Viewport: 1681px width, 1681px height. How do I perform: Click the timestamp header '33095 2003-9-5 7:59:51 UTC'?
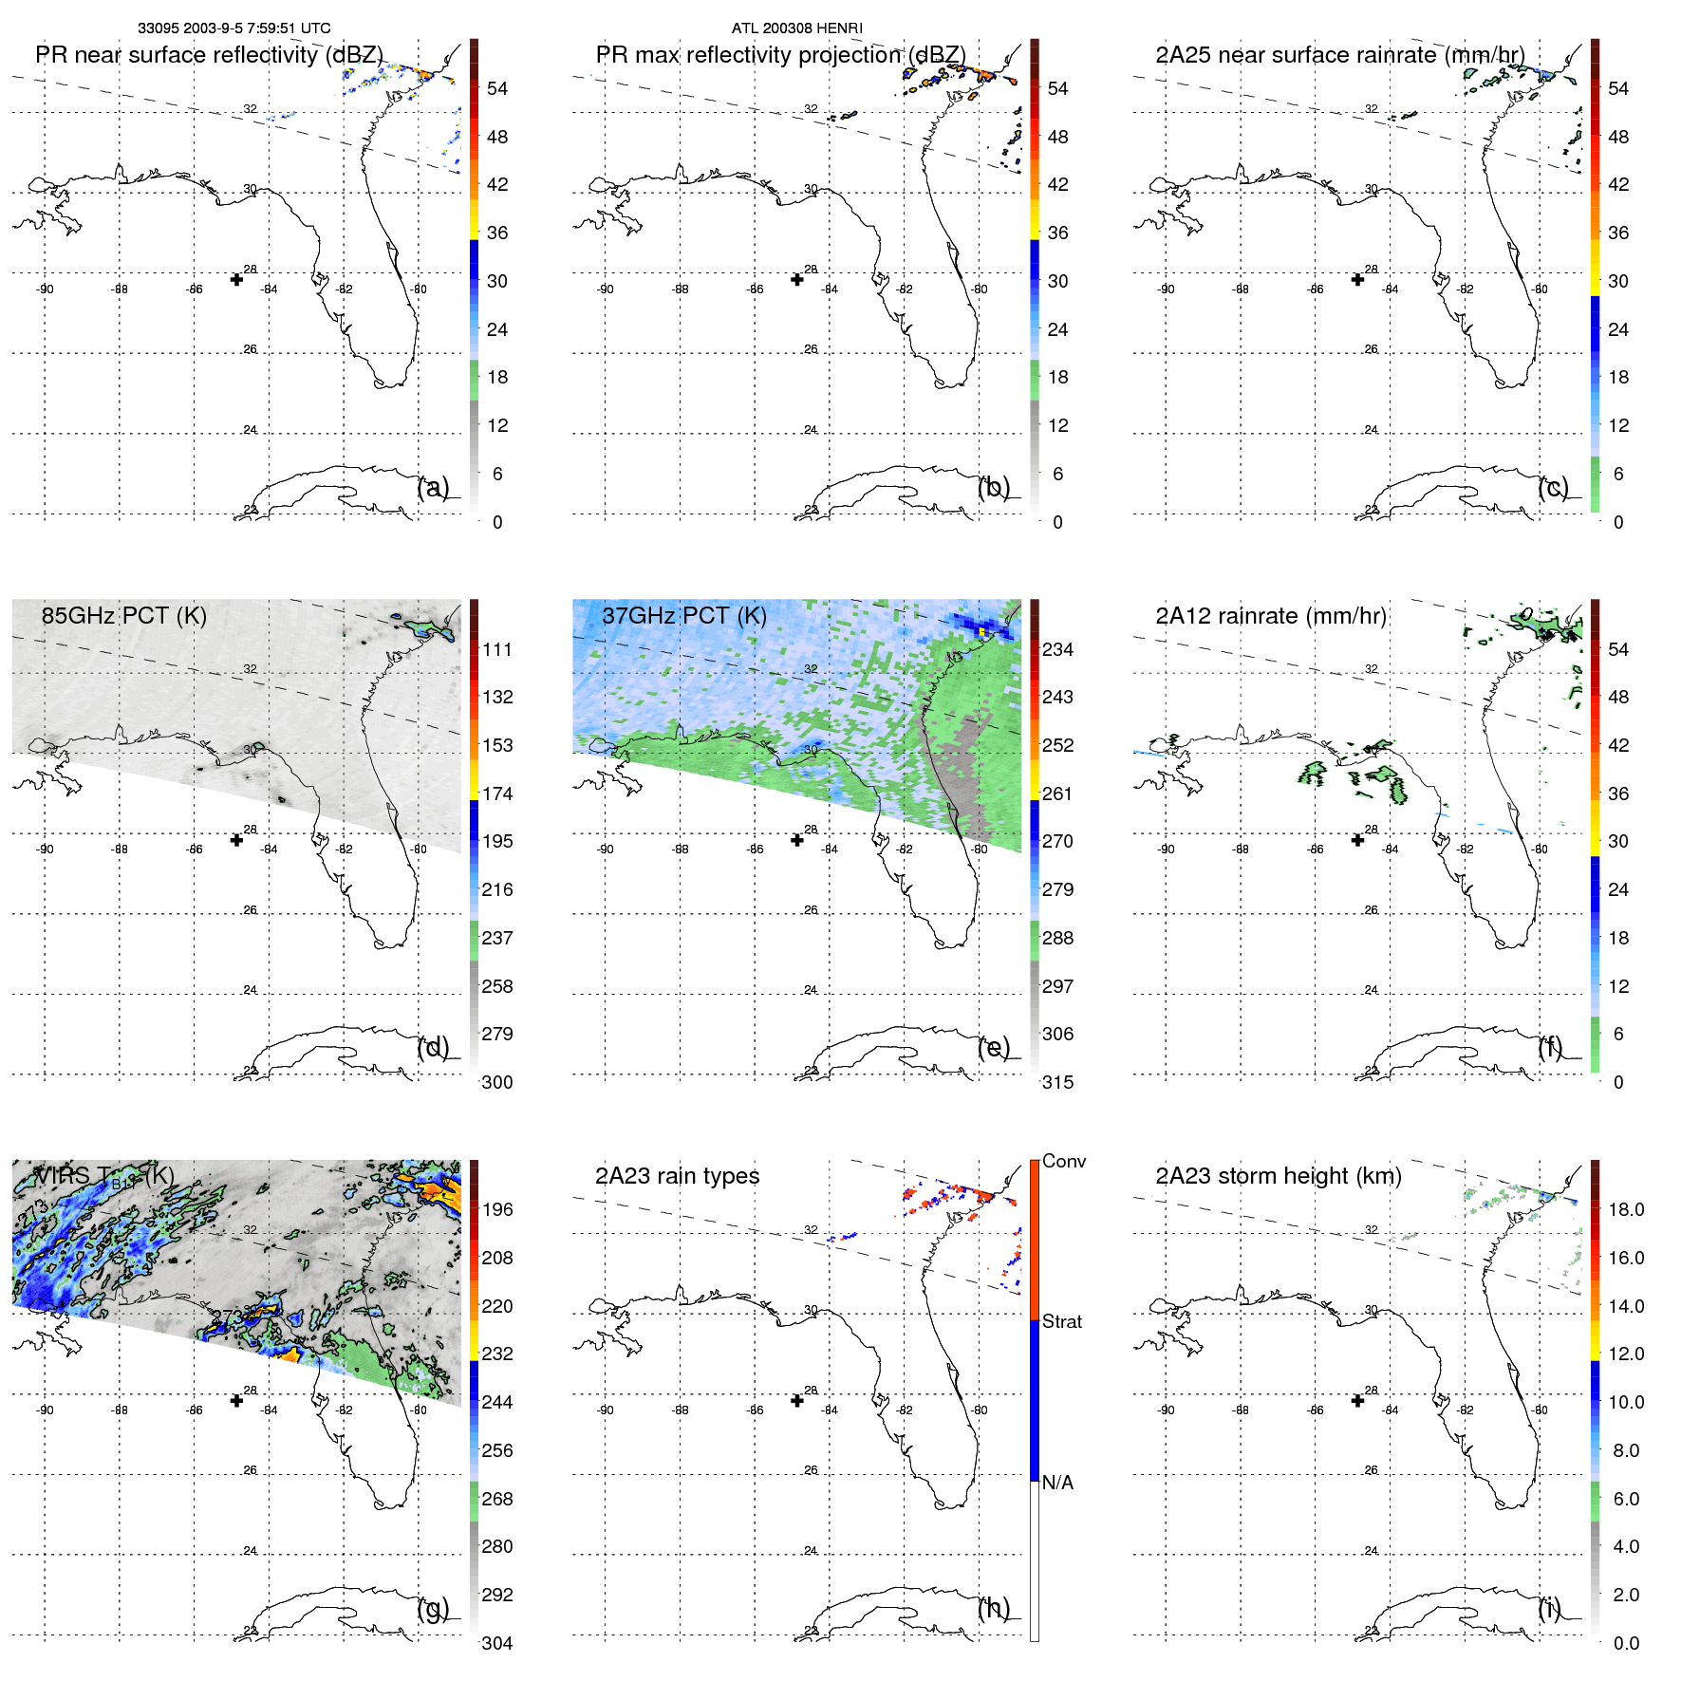point(233,28)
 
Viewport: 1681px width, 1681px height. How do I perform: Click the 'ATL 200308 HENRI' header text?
point(796,28)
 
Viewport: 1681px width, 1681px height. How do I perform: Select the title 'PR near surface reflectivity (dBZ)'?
point(209,55)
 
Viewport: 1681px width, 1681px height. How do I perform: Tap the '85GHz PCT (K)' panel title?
point(123,616)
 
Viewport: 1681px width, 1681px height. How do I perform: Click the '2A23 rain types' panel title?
point(677,1176)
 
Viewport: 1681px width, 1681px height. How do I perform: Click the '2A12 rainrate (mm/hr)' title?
point(1270,616)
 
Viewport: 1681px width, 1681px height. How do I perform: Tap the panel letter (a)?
point(433,487)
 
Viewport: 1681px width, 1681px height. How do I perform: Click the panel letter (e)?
point(994,1047)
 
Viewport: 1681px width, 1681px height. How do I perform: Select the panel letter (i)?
point(1549,1608)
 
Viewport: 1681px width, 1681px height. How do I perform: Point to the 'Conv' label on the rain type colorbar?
point(1063,1161)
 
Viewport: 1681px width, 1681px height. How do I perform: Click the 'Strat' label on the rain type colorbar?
point(1061,1321)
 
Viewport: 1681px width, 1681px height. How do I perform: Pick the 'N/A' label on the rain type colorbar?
point(1057,1483)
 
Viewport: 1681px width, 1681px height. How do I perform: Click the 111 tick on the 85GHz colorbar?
point(496,649)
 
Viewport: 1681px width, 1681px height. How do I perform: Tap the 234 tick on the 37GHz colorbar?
point(1057,649)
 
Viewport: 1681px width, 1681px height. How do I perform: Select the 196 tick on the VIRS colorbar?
point(496,1209)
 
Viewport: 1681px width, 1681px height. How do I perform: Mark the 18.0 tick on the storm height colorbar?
point(1625,1209)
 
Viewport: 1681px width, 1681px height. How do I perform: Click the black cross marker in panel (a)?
point(236,279)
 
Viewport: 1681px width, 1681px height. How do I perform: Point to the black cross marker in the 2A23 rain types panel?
point(797,1400)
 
